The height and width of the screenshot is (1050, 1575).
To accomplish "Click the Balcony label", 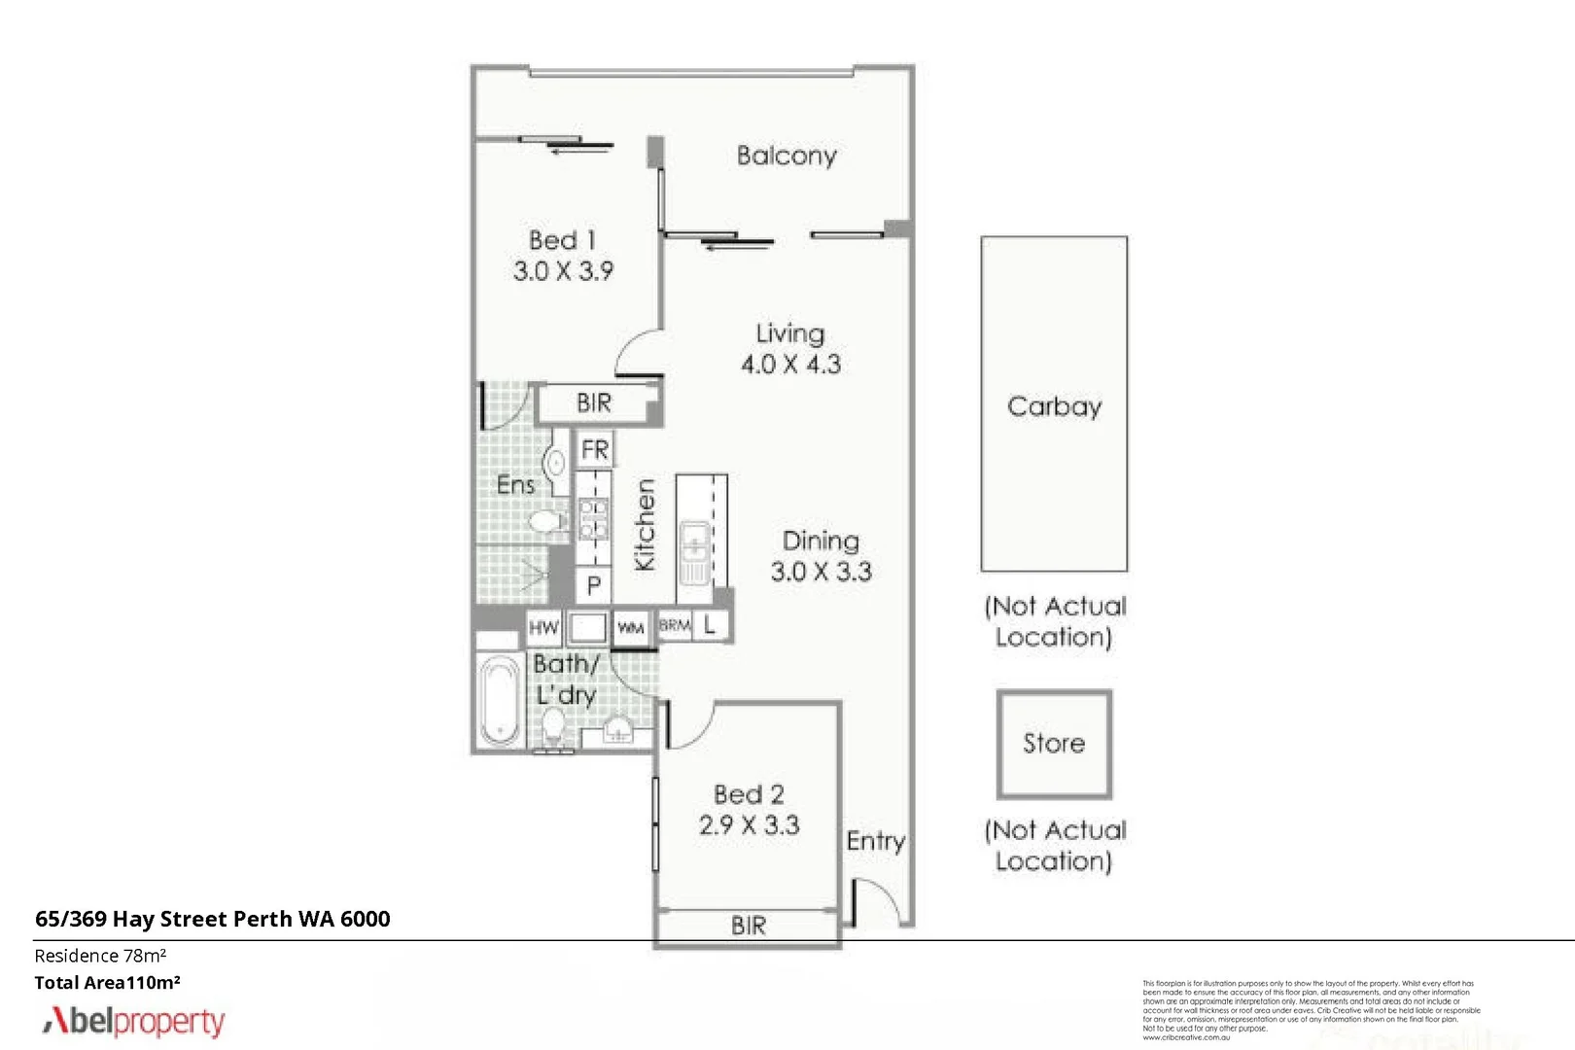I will (786, 156).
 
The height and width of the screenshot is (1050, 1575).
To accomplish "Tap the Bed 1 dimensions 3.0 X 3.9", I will (563, 271).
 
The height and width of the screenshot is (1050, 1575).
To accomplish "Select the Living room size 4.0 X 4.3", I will (790, 365).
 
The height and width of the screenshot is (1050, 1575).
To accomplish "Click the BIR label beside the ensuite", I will (593, 402).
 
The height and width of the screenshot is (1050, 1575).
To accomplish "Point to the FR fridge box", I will (594, 450).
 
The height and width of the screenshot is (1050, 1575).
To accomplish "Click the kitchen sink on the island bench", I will (694, 551).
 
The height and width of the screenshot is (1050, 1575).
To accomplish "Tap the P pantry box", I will (593, 586).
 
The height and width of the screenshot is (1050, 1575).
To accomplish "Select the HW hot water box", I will (543, 628).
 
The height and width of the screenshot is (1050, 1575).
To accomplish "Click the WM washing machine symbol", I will (631, 628).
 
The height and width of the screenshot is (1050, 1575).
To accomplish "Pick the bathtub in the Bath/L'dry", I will (500, 700).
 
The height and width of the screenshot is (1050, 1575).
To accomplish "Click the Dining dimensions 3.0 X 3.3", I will (821, 572).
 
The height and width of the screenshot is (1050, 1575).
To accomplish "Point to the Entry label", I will (875, 841).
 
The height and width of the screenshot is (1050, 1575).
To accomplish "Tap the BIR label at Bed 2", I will (748, 926).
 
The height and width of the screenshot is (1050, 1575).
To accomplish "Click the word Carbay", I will (1054, 406).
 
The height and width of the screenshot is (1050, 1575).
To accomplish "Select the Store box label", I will (1053, 744).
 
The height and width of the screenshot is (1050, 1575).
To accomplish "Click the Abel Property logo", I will (133, 1021).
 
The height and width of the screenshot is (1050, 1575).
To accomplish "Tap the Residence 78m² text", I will (100, 956).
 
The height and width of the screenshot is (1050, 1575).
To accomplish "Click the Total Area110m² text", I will (107, 983).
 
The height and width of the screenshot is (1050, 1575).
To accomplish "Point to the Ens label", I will (514, 485).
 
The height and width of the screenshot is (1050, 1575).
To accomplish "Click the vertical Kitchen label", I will (645, 525).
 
